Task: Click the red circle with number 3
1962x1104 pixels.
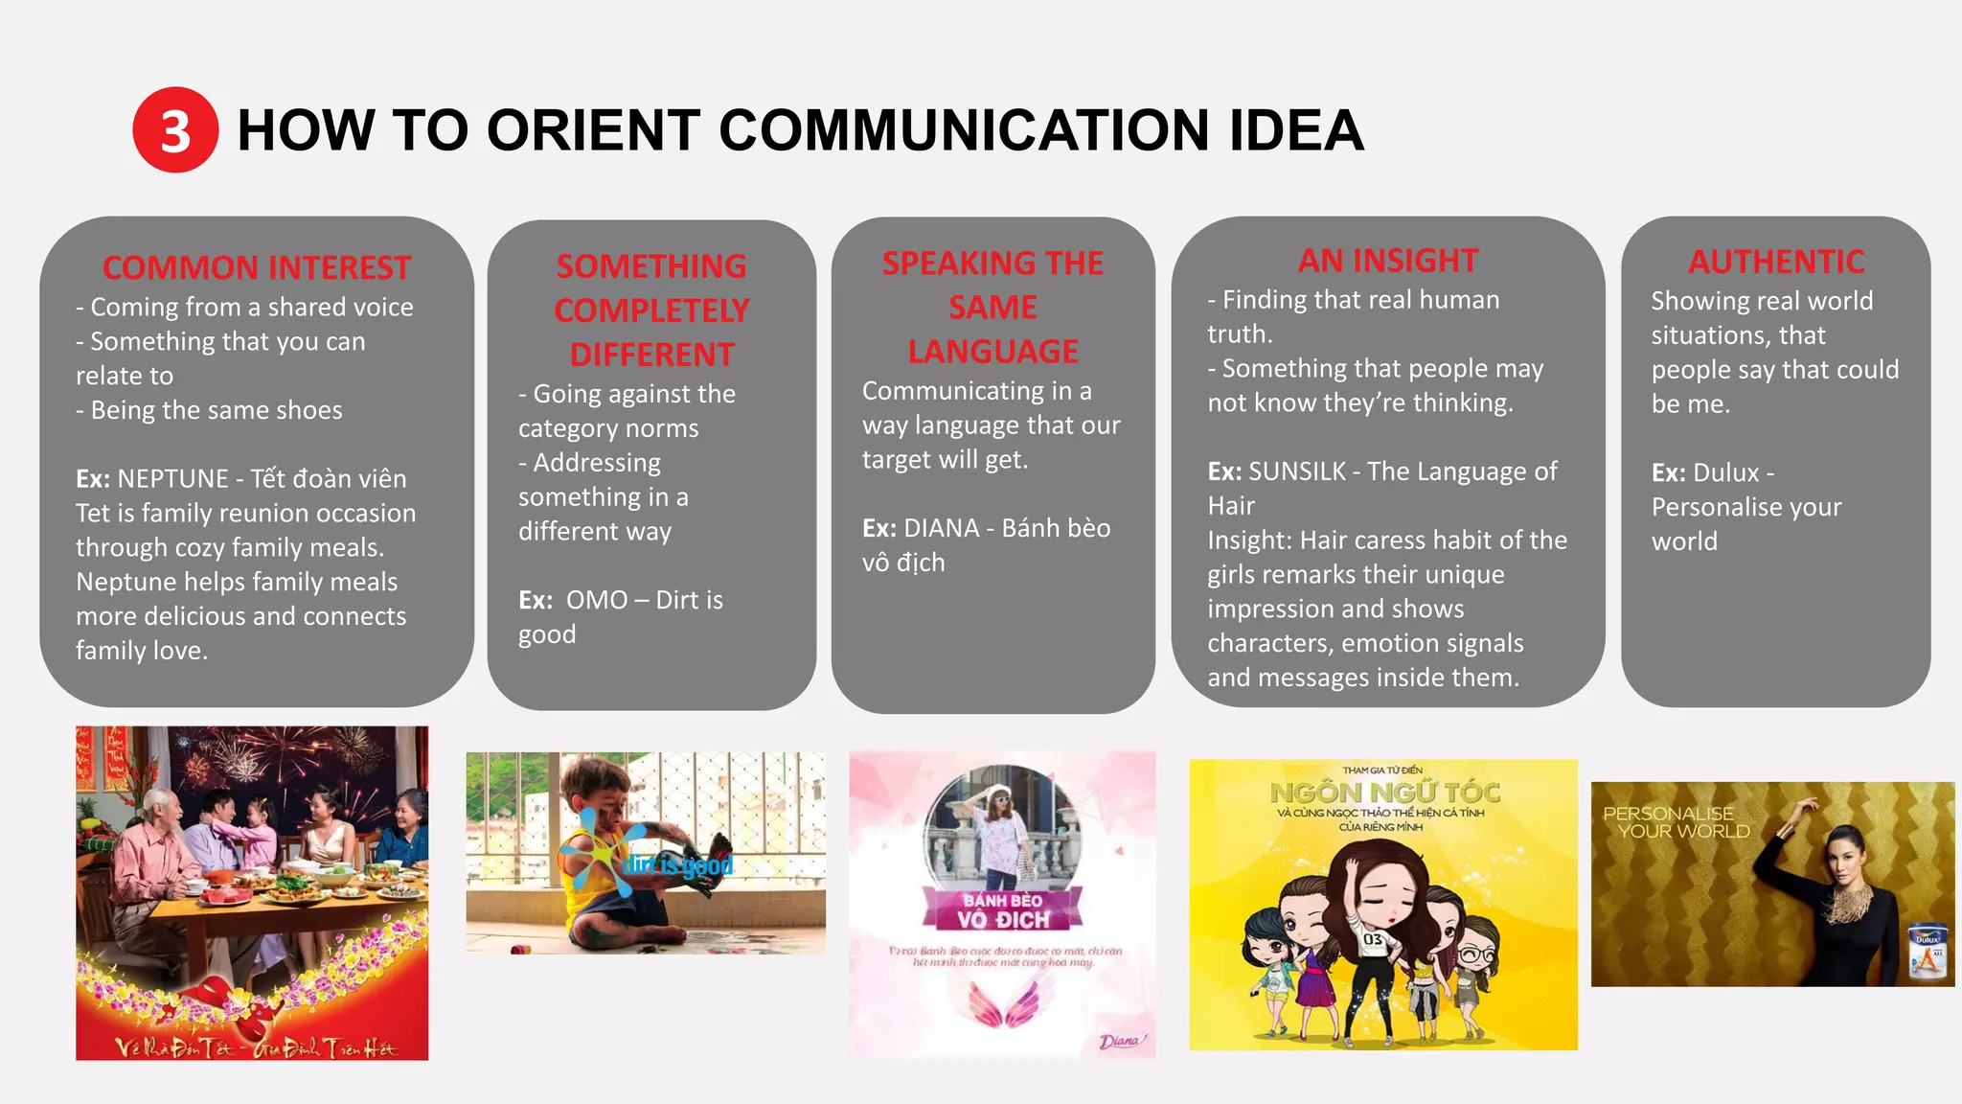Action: tap(175, 130)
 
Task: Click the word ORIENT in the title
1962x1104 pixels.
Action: tap(593, 130)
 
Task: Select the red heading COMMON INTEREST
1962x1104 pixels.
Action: tap(257, 267)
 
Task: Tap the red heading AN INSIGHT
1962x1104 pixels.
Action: tap(1387, 261)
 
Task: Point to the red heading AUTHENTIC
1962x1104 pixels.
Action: tap(1775, 262)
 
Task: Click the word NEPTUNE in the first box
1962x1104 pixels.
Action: tap(172, 478)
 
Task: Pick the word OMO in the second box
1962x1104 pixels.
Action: tap(597, 600)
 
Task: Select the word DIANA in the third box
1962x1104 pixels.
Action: tap(942, 528)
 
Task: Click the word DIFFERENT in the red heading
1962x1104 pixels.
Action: tap(651, 355)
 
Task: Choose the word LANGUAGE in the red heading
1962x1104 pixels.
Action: tap(992, 352)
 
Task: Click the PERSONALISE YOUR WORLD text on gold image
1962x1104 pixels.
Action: tap(1676, 822)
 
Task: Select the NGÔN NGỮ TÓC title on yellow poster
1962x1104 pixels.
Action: tap(1383, 793)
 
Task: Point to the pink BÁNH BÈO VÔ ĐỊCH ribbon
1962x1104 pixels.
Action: tap(1003, 910)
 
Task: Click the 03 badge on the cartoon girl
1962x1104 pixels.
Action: tap(1373, 939)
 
